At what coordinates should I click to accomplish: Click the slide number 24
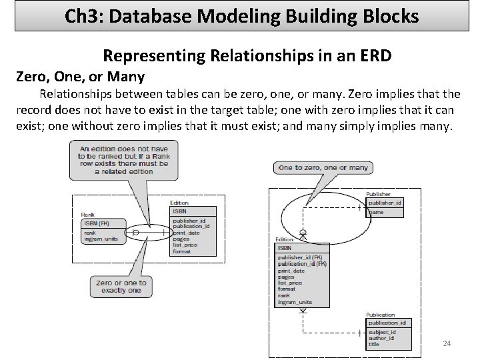pyautogui.click(x=447, y=343)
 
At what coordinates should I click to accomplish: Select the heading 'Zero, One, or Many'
pyautogui.click(x=81, y=75)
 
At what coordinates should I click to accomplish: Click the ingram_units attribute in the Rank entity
pyautogui.click(x=102, y=239)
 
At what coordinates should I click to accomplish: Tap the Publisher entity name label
pyautogui.click(x=379, y=194)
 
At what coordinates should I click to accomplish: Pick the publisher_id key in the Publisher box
pyautogui.click(x=385, y=202)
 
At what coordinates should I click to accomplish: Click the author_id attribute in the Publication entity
pyautogui.click(x=381, y=338)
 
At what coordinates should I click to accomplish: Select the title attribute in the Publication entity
pyautogui.click(x=374, y=344)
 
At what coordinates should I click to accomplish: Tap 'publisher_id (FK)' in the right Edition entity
pyautogui.click(x=300, y=257)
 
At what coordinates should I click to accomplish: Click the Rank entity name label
pyautogui.click(x=87, y=215)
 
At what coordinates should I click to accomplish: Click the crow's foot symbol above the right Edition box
pyautogui.click(x=303, y=235)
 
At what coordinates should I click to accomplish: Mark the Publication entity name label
pyautogui.click(x=381, y=315)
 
